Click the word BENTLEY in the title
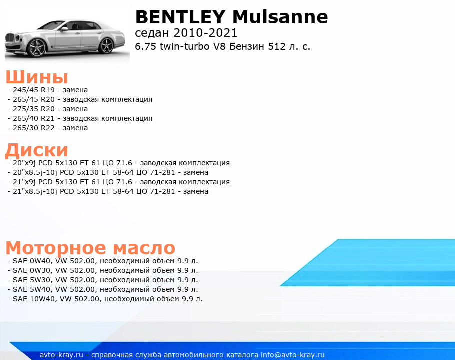(180, 17)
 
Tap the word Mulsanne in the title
(280, 17)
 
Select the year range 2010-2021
(205, 33)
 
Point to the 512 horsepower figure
(277, 46)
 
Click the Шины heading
(37, 77)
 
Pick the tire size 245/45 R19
(34, 90)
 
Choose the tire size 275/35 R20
(34, 109)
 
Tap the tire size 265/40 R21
(34, 118)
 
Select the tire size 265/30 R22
(34, 128)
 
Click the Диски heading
(37, 150)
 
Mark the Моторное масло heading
(90, 248)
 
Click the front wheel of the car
(37, 47)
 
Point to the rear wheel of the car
(107, 45)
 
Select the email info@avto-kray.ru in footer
(293, 355)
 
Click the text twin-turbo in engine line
(184, 46)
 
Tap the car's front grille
(10, 38)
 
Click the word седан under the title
(152, 33)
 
